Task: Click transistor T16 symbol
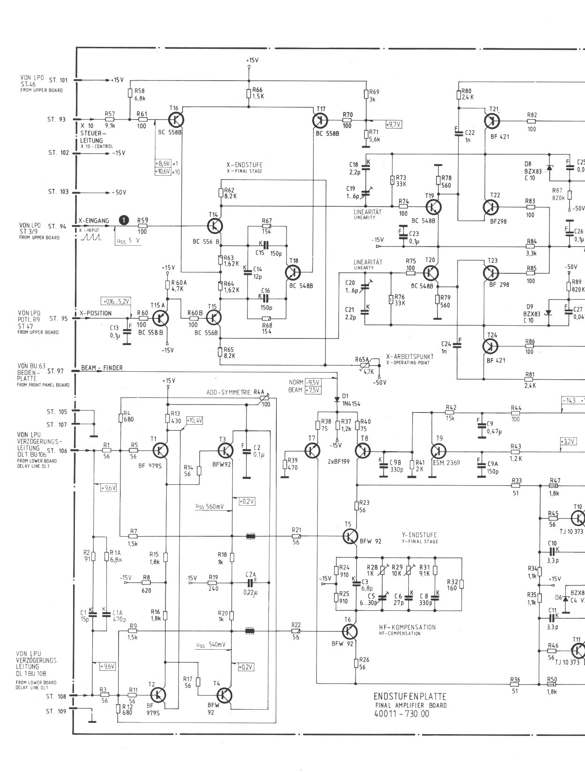coord(176,120)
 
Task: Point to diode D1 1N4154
coord(337,399)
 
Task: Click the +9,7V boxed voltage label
coord(394,125)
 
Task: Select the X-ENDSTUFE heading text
coord(244,165)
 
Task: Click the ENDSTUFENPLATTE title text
coord(410,697)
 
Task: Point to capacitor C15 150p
coord(265,245)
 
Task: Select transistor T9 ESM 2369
coord(438,451)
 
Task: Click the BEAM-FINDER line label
coord(102,368)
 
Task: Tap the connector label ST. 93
coord(56,120)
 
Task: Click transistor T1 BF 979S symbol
coord(160,450)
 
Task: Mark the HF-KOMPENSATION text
coord(407,627)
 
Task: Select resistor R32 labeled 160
coord(461,584)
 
